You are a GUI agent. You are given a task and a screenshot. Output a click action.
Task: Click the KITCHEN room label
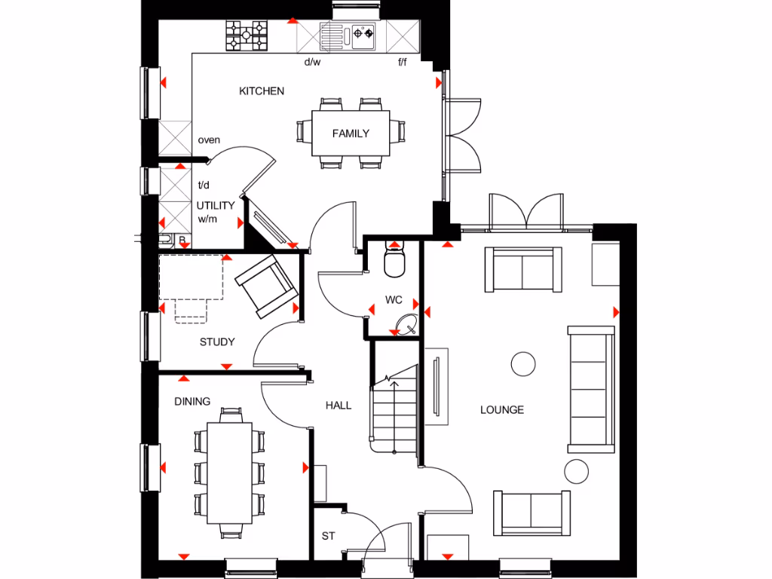262,91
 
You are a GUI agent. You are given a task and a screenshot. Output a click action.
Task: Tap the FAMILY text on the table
351,133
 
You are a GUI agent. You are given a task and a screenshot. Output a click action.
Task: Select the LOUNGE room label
502,410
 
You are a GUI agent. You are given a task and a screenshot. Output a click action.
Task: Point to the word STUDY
217,342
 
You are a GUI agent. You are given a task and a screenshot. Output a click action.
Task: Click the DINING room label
192,402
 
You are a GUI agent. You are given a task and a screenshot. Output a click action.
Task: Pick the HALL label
339,406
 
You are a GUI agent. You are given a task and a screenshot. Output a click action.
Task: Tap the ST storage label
328,537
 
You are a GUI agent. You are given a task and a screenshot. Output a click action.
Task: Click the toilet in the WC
394,260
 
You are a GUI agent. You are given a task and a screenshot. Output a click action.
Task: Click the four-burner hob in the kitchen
247,35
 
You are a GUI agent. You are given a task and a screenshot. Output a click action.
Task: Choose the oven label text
209,140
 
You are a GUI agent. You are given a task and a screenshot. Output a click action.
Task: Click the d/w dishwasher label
312,63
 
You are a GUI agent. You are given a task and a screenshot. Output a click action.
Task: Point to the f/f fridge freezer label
403,63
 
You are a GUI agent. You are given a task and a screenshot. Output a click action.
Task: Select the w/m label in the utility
207,219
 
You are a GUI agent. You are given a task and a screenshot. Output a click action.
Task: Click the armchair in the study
265,285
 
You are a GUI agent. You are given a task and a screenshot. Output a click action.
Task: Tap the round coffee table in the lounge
523,364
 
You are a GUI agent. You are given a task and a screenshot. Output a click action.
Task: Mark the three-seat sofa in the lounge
591,389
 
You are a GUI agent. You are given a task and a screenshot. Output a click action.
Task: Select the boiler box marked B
182,240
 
